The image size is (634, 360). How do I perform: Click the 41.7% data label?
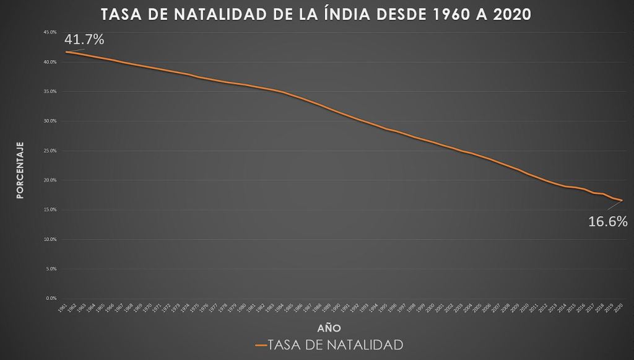click(x=84, y=40)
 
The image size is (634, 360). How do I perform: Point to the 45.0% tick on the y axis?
click(x=50, y=32)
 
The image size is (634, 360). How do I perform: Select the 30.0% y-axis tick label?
click(x=50, y=121)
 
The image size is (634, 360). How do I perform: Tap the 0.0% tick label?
click(x=51, y=299)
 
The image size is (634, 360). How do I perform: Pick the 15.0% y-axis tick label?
click(x=50, y=209)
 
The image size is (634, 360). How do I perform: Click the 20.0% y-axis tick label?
click(x=50, y=180)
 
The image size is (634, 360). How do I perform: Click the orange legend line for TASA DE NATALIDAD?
click(x=260, y=345)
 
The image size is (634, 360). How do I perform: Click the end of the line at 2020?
click(x=622, y=200)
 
